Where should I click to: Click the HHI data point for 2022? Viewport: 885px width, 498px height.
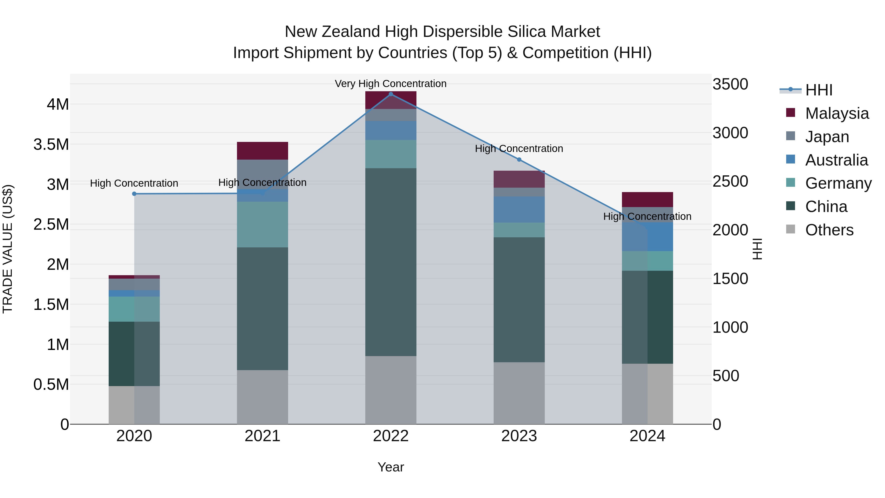pos(391,94)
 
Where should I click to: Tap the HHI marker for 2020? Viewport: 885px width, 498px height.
pos(134,194)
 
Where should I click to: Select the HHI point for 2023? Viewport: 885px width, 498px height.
pos(519,159)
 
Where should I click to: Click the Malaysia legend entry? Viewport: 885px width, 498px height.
pos(837,113)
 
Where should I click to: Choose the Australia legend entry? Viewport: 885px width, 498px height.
pos(836,160)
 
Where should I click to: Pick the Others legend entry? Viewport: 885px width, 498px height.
pos(829,230)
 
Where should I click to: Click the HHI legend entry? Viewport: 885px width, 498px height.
pos(819,90)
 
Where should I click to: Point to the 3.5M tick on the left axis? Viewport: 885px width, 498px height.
pos(51,144)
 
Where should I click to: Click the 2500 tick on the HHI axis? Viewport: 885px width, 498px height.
pos(730,181)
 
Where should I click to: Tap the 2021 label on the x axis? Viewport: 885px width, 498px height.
pos(263,436)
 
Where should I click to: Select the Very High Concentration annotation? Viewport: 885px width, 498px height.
pos(391,84)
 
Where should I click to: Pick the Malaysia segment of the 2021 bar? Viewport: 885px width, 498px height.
pos(263,151)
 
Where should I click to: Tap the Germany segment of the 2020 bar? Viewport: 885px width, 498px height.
pos(134,309)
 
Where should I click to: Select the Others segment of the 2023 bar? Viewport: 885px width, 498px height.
pos(519,393)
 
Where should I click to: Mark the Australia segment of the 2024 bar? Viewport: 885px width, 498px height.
pos(647,237)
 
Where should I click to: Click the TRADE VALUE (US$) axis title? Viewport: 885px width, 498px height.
pos(8,249)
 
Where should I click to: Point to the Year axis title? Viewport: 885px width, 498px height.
pos(391,467)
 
